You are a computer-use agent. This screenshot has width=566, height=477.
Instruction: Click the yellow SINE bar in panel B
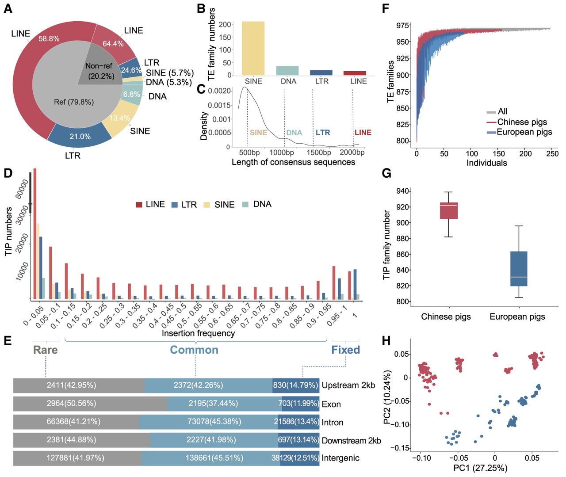(x=253, y=48)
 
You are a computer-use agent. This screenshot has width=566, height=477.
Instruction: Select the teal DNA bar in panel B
(x=287, y=70)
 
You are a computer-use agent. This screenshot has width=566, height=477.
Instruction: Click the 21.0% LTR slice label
(x=80, y=136)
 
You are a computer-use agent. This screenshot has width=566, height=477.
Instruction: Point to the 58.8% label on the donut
(x=49, y=39)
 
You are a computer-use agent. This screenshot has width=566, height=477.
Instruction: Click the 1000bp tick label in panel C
(x=282, y=153)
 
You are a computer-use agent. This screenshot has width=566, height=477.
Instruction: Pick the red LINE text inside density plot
(x=363, y=133)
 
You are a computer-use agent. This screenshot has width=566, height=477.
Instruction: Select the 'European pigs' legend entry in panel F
(x=519, y=132)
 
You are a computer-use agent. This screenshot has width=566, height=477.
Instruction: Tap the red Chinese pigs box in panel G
(x=449, y=210)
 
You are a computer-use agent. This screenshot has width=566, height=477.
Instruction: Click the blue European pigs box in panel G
(x=519, y=269)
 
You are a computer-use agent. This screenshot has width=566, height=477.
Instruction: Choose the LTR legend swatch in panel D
(x=174, y=205)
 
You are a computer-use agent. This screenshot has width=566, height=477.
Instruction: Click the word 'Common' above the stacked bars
(x=194, y=350)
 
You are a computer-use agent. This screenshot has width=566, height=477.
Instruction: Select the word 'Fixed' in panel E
(x=346, y=350)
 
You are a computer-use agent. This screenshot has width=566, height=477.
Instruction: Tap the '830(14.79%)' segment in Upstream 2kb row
(x=296, y=385)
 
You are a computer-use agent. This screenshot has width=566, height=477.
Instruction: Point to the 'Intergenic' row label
(x=340, y=458)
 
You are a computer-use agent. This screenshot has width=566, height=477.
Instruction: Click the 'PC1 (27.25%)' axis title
(x=480, y=468)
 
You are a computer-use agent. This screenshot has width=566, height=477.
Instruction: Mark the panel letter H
(x=386, y=341)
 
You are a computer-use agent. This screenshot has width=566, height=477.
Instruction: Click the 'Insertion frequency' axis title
(x=198, y=333)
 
